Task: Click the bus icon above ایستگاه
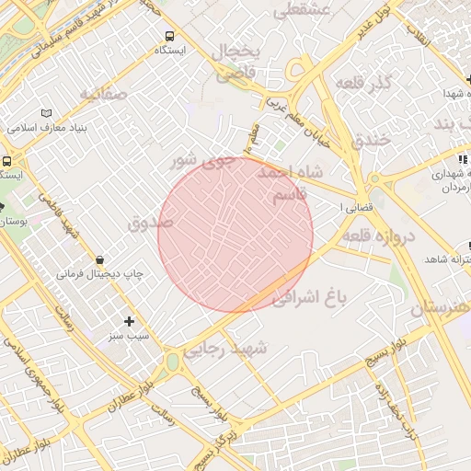(x=167, y=35)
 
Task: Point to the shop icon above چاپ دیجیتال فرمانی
(x=99, y=259)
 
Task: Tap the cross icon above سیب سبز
(x=129, y=321)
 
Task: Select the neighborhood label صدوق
(x=151, y=223)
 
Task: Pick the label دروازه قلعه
(x=380, y=236)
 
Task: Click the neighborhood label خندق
(x=371, y=139)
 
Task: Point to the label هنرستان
(x=441, y=307)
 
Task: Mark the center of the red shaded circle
(x=235, y=235)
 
